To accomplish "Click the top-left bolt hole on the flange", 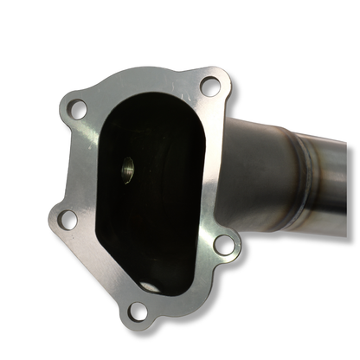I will click(x=77, y=110).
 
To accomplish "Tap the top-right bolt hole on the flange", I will click(x=209, y=86).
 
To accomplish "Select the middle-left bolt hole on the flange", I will click(x=66, y=220).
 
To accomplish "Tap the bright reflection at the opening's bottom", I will click(x=152, y=286).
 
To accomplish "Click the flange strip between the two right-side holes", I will click(x=220, y=164).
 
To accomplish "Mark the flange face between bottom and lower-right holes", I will click(x=186, y=286).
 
